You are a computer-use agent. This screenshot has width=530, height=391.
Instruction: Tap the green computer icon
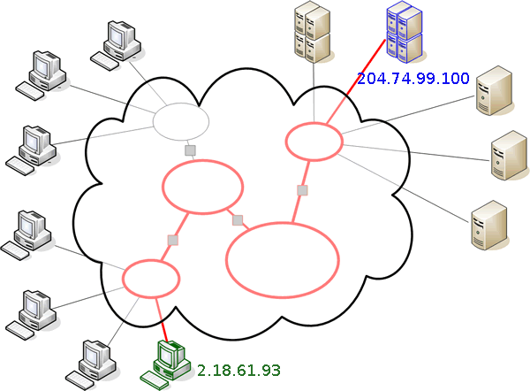point(166,363)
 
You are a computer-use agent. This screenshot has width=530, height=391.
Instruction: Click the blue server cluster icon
point(403,34)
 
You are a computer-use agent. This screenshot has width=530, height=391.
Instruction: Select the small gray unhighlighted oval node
point(181,121)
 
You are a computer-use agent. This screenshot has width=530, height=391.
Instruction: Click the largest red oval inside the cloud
point(283,257)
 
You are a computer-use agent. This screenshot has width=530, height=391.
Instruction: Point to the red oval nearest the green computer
point(150,278)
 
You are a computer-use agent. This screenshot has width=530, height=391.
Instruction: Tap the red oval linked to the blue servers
point(314,141)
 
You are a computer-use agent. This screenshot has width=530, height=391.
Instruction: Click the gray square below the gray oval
point(190,151)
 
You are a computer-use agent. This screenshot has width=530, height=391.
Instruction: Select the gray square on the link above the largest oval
point(303,190)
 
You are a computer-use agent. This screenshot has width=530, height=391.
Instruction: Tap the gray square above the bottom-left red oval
point(173,240)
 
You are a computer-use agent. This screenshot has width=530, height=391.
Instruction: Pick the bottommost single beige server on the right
point(488,226)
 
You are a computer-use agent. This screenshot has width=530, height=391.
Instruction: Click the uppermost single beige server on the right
point(492,94)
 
